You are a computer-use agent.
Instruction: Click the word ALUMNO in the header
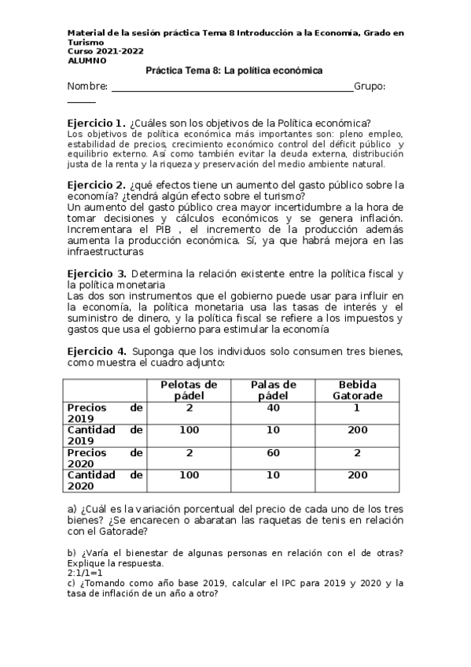pyautogui.click(x=86, y=60)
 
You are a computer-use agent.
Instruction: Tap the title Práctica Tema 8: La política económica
pyautogui.click(x=234, y=71)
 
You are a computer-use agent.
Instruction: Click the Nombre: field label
pyautogui.click(x=87, y=86)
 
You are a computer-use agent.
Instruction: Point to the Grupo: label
pyautogui.click(x=370, y=86)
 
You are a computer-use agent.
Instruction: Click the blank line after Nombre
pyautogui.click(x=232, y=88)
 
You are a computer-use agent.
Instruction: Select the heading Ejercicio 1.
pyautogui.click(x=96, y=123)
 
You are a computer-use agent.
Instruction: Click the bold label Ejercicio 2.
pyautogui.click(x=96, y=185)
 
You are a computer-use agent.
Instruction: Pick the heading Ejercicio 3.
pyautogui.click(x=96, y=274)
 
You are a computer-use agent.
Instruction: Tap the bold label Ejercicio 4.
pyautogui.click(x=96, y=351)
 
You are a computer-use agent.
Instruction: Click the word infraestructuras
pyautogui.click(x=105, y=252)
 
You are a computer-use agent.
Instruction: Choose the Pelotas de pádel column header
pyautogui.click(x=189, y=390)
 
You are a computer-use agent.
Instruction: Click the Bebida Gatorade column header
pyautogui.click(x=358, y=390)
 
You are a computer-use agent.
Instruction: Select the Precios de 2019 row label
pyautogui.click(x=105, y=413)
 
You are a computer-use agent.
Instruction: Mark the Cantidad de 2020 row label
pyautogui.click(x=105, y=481)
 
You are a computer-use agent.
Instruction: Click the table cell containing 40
pyautogui.click(x=273, y=408)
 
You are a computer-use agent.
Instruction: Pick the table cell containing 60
pyautogui.click(x=273, y=453)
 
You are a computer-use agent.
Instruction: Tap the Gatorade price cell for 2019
pyautogui.click(x=358, y=408)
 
